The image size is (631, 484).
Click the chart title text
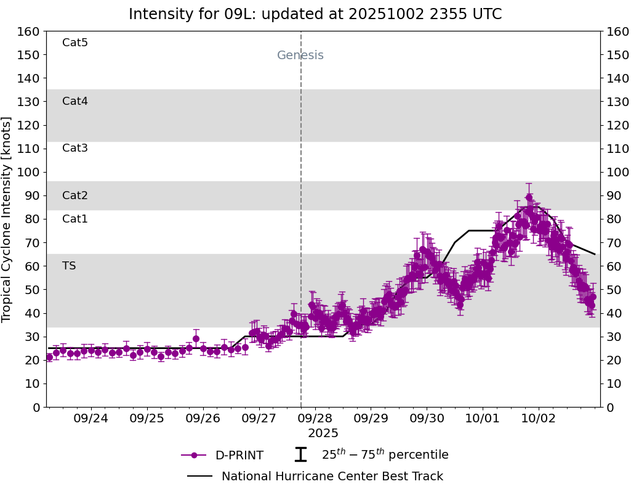point(315,14)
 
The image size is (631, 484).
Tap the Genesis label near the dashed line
point(300,55)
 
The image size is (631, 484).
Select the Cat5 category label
point(75,43)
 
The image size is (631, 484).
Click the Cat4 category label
point(75,101)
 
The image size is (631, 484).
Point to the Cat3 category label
point(75,148)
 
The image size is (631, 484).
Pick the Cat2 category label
point(75,195)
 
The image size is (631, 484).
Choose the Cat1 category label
point(75,219)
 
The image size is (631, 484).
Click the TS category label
point(69,266)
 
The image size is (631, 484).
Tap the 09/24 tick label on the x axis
point(91,417)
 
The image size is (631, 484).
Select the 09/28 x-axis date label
point(315,417)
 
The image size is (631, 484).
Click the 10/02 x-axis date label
point(539,417)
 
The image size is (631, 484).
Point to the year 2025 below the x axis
point(323,433)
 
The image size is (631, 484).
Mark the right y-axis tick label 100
point(617,172)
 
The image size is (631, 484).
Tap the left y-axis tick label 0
point(36,407)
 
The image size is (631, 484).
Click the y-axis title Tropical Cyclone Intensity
point(7,219)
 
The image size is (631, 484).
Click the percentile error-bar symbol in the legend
point(300,455)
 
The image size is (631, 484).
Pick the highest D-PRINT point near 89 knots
point(529,198)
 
